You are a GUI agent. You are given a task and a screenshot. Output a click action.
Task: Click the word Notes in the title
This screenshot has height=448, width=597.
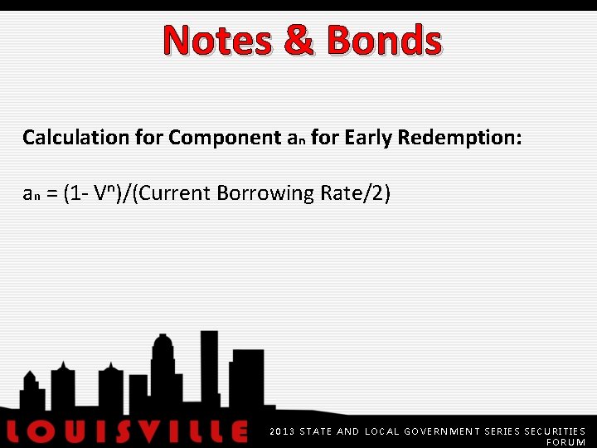click(217, 41)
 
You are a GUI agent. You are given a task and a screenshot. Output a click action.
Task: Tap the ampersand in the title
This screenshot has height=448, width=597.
click(299, 41)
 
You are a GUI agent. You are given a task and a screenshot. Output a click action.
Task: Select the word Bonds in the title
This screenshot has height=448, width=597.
click(384, 41)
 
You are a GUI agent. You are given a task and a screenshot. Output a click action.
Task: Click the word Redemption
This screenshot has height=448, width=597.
click(459, 138)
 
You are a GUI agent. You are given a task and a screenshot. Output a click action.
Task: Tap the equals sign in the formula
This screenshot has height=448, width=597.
click(51, 194)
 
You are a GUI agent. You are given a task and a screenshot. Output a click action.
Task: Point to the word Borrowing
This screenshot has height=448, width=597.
click(260, 194)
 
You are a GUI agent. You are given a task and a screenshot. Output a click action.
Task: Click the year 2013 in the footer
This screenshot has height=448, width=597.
click(281, 431)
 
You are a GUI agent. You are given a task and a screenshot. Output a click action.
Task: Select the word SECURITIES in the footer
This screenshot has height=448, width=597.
click(555, 431)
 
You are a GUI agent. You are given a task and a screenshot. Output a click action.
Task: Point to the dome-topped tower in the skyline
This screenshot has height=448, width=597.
click(163, 365)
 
